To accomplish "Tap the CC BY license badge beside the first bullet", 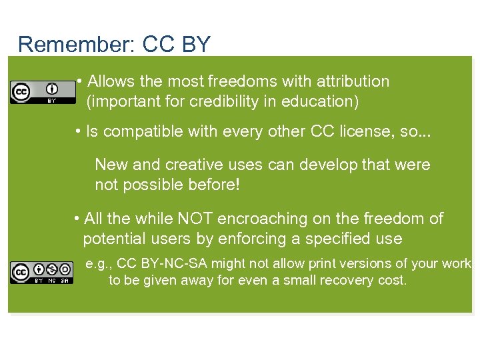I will click(33, 92).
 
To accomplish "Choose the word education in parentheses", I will click(324, 102).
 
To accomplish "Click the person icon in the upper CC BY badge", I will click(51, 89).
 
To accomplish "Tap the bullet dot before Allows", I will click(79, 81).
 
